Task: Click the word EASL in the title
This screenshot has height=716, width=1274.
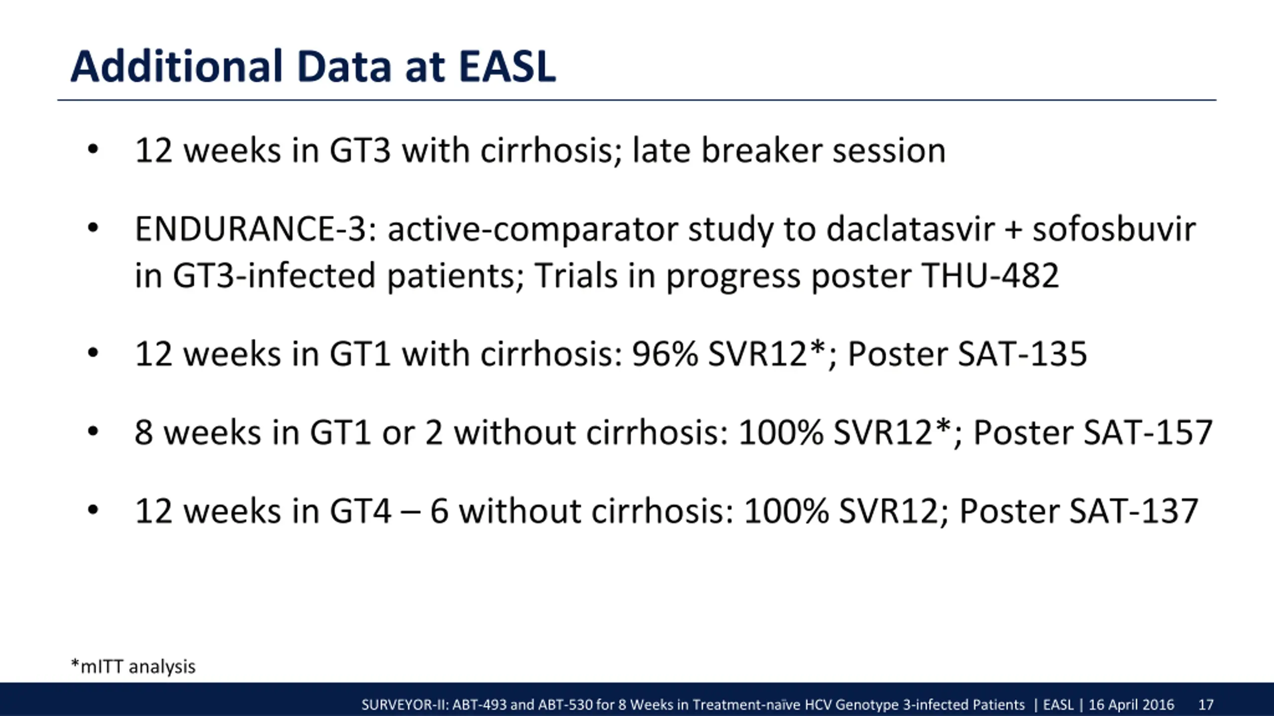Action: pos(507,67)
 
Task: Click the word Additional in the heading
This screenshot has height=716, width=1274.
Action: pos(177,67)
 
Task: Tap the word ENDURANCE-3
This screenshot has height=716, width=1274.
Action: pos(257,229)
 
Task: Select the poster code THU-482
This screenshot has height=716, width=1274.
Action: pos(990,275)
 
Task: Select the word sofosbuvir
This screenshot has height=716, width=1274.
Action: pos(1114,229)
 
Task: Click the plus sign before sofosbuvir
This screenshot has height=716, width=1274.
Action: pos(1013,231)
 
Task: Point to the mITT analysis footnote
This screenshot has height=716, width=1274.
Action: pos(133,666)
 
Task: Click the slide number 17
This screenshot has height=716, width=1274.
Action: pos(1206,705)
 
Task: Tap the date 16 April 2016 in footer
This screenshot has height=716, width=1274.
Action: pos(1131,705)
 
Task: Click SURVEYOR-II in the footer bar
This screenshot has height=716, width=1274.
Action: pos(405,705)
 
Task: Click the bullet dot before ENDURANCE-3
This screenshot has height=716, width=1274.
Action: pos(93,229)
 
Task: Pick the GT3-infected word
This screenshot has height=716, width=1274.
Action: pos(274,275)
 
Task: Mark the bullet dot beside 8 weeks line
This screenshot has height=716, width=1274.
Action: pos(93,432)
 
